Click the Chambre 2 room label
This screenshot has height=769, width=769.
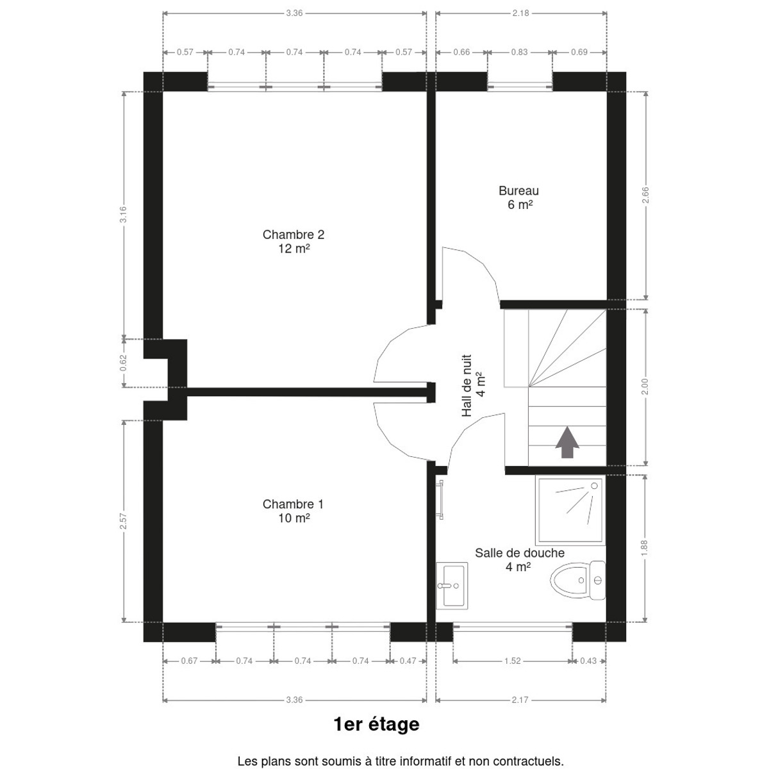pyautogui.click(x=294, y=241)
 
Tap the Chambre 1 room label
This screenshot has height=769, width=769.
pyautogui.click(x=294, y=511)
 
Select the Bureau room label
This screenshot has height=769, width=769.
pyautogui.click(x=519, y=197)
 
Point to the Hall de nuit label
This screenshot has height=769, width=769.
pyautogui.click(x=473, y=386)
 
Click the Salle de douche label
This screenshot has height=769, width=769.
pyautogui.click(x=520, y=559)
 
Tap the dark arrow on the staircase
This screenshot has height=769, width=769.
pyautogui.click(x=567, y=442)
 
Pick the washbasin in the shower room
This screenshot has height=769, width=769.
pyautogui.click(x=452, y=586)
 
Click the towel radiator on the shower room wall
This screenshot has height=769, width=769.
pyautogui.click(x=440, y=500)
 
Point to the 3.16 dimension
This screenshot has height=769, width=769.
pyautogui.click(x=124, y=214)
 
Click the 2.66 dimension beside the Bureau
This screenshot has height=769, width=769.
pyautogui.click(x=645, y=195)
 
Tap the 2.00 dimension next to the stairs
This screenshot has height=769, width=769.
pyautogui.click(x=645, y=386)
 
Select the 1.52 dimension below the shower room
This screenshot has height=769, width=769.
pyautogui.click(x=513, y=661)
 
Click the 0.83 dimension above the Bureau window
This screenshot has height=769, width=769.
pyautogui.click(x=519, y=52)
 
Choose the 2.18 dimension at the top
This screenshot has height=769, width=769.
pyautogui.click(x=520, y=13)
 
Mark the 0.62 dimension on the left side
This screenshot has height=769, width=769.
pyautogui.click(x=124, y=363)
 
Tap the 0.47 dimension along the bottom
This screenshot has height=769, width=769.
pyautogui.click(x=408, y=661)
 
